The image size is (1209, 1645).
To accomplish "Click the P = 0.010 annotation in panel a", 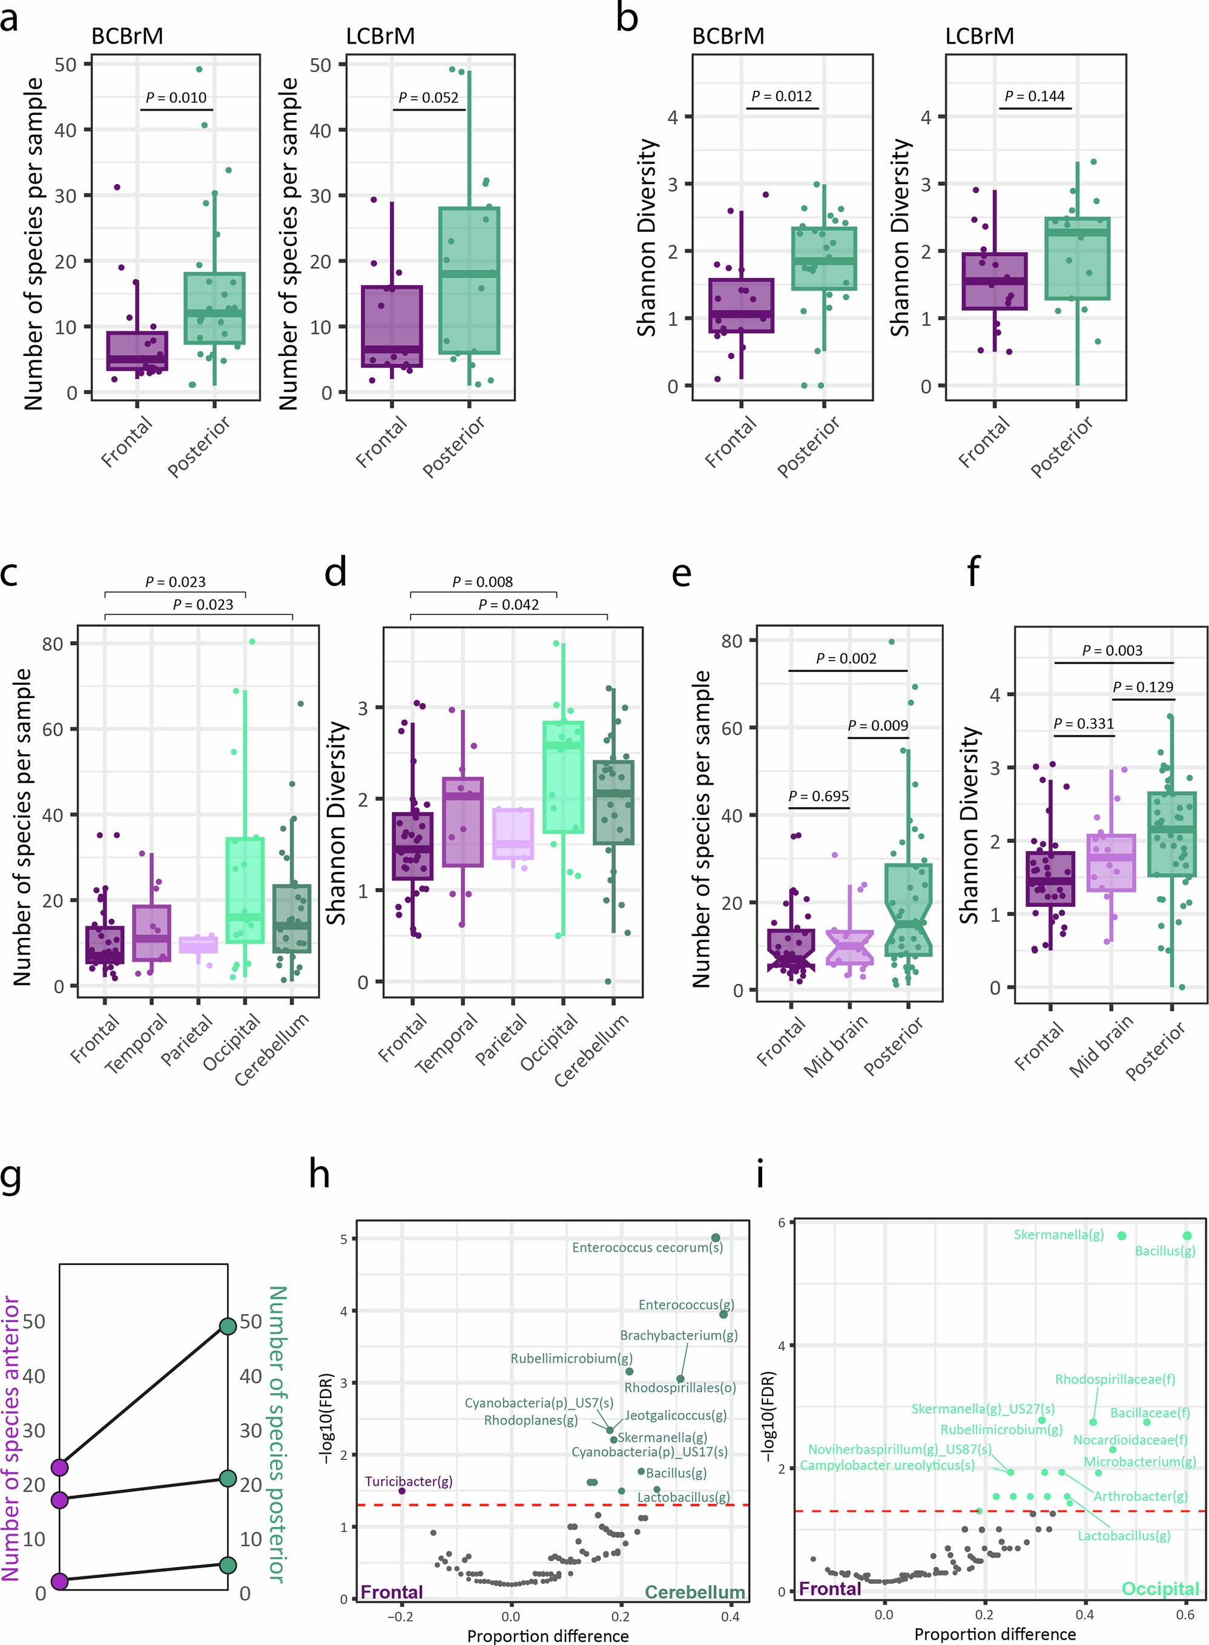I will pyautogui.click(x=176, y=97).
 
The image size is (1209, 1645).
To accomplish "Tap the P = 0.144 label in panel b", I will pyautogui.click(x=1034, y=96).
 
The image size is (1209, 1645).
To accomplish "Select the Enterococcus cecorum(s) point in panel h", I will pyautogui.click(x=716, y=1238).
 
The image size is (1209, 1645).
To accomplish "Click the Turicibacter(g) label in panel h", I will pyautogui.click(x=409, y=1481).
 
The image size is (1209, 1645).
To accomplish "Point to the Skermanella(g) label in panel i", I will pyautogui.click(x=1058, y=1235).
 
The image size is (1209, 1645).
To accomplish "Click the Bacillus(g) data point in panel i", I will pyautogui.click(x=1187, y=1235).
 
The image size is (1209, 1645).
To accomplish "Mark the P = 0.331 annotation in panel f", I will pyautogui.click(x=1083, y=723).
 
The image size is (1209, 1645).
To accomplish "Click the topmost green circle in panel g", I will pyautogui.click(x=228, y=1326).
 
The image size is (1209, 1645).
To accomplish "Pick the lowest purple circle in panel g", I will pyautogui.click(x=60, y=1581).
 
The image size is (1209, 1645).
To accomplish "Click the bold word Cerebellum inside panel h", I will pyautogui.click(x=694, y=1592).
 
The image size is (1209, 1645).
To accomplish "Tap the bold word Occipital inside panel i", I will pyautogui.click(x=1160, y=1589).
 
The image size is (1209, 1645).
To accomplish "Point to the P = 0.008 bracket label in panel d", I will pyautogui.click(x=483, y=582).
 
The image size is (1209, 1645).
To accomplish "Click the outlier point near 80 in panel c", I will pyautogui.click(x=252, y=642).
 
